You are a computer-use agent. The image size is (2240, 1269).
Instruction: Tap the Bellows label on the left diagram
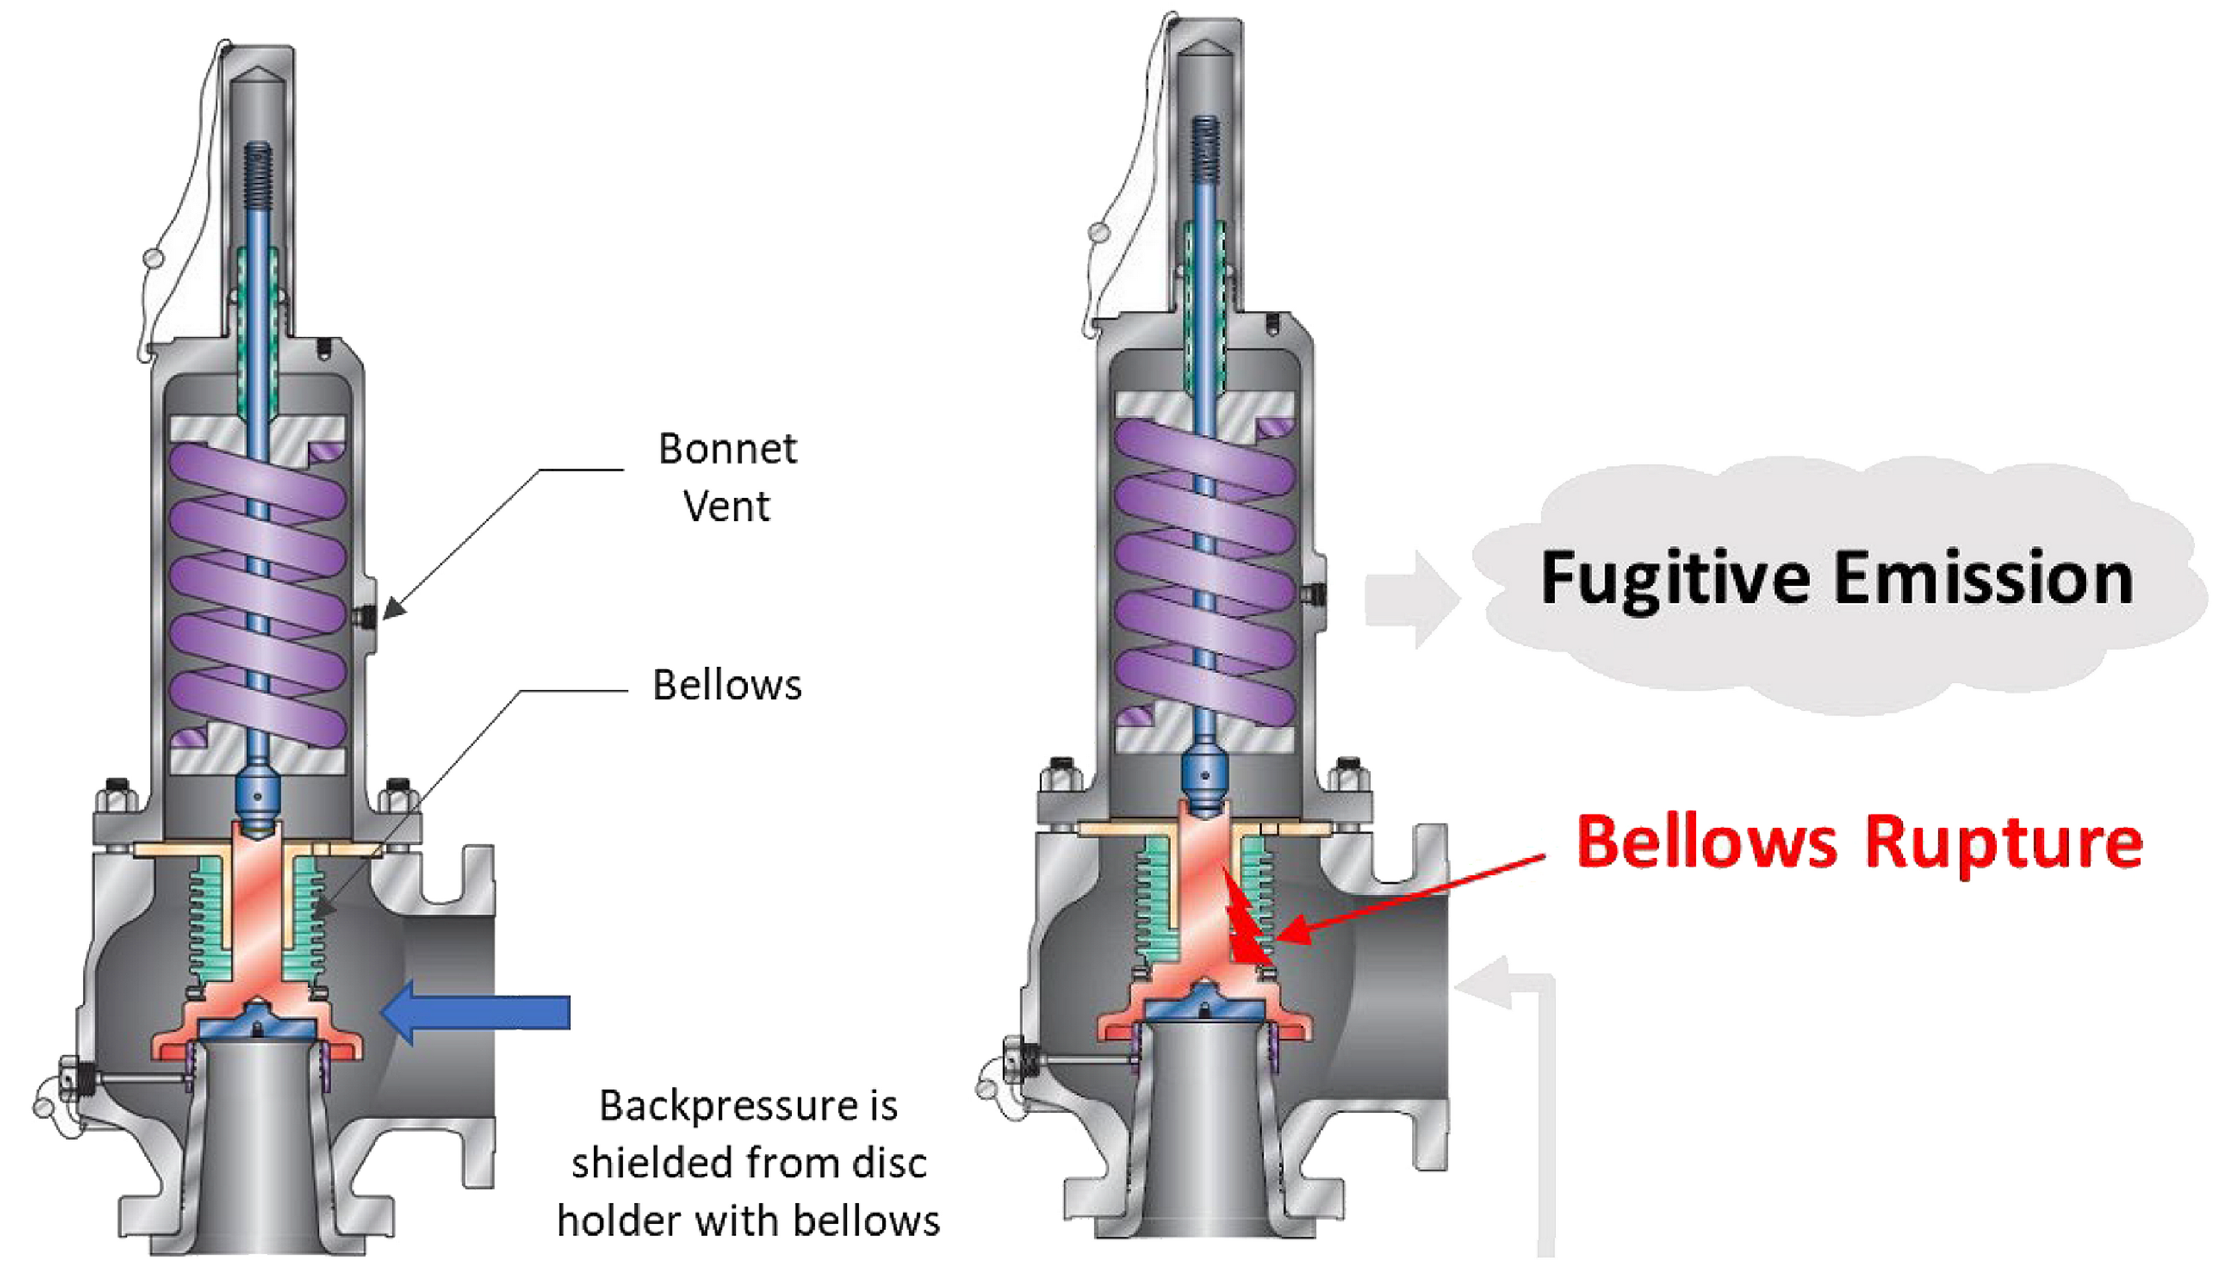727,685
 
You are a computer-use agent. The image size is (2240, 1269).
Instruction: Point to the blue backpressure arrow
477,1012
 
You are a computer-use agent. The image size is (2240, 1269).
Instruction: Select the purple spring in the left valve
258,593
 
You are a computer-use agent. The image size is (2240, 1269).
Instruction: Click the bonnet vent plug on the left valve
367,616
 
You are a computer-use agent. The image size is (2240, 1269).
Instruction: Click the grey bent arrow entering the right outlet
1533,1089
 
